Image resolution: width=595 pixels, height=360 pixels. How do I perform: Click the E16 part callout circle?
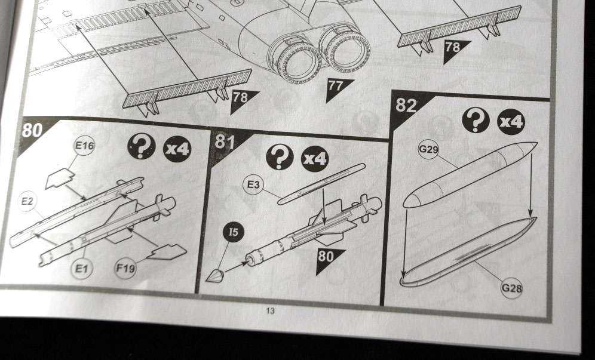tap(84, 146)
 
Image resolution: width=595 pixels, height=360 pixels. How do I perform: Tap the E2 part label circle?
tap(27, 201)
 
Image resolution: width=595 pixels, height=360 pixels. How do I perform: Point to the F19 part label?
tap(125, 268)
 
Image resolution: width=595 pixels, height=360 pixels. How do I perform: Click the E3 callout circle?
tap(253, 184)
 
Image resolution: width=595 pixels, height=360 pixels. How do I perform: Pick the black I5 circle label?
tap(234, 232)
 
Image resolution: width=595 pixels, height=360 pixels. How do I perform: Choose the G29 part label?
tap(428, 149)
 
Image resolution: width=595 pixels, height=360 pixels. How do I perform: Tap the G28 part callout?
tap(511, 288)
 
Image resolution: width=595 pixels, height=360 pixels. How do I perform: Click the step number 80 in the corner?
tap(32, 130)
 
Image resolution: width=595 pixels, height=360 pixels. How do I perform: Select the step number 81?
tap(225, 142)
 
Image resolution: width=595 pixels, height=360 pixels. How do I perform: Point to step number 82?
tap(406, 105)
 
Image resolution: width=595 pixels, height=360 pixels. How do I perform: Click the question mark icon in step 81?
tap(280, 156)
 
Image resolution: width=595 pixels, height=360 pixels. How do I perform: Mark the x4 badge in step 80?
tap(177, 149)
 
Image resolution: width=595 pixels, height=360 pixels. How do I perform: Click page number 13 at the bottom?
tap(270, 311)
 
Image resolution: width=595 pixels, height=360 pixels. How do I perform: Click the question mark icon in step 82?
tap(476, 121)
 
